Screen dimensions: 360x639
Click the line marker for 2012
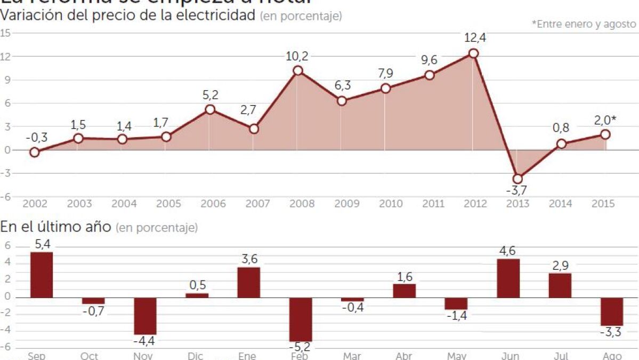[x=473, y=53]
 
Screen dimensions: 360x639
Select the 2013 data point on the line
[x=517, y=179]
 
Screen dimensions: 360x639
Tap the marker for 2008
[x=298, y=70]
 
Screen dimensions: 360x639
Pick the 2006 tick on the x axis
[x=211, y=204]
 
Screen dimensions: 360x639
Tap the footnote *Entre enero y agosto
[x=584, y=24]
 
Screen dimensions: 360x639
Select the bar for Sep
[x=42, y=275]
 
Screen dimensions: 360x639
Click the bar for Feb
[x=301, y=319]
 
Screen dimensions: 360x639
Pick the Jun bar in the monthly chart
[x=508, y=278]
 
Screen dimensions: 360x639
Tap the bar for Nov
[x=145, y=316]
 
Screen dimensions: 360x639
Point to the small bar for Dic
[x=197, y=295]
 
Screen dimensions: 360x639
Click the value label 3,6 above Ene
[x=249, y=259]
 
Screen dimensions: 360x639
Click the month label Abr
[x=404, y=356]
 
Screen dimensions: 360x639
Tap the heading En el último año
[x=55, y=227]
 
